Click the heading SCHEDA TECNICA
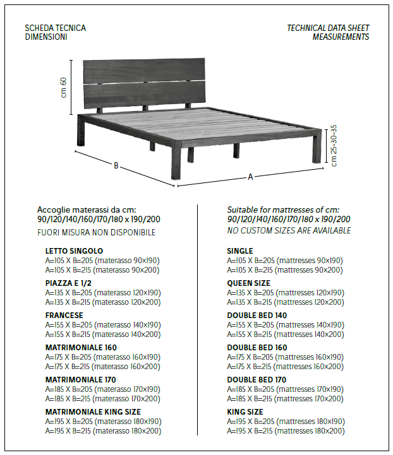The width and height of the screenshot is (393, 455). coord(56,28)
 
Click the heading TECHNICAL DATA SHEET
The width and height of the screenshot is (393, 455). coord(328,28)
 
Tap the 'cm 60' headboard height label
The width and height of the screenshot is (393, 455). coord(64,87)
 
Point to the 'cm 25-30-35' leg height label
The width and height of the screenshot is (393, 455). coord(334,146)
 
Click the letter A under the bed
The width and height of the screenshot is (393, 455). coord(250,177)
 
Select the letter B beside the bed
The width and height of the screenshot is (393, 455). coord(116,166)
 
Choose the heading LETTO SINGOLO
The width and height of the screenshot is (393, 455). coord(74,251)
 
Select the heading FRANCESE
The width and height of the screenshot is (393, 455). coord(64,316)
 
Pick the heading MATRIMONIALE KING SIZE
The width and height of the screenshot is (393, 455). coord(93,412)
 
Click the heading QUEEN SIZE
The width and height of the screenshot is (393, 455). coord(248,283)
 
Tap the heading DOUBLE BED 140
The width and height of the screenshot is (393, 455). coord(257,316)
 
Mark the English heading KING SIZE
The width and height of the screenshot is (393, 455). coord(245,412)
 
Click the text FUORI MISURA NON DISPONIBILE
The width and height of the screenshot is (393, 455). coord(96,232)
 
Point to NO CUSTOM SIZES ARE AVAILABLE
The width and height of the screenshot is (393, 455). coord(289,231)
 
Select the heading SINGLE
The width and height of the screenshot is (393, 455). coord(240,251)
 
